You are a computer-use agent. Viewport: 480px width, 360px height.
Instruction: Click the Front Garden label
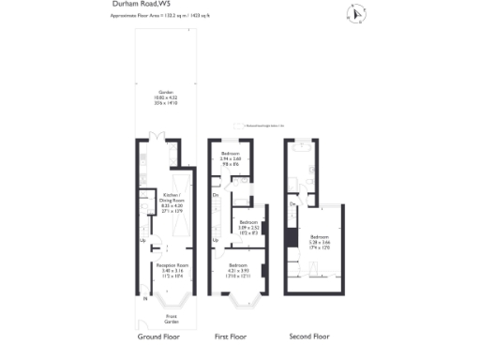click(x=170, y=320)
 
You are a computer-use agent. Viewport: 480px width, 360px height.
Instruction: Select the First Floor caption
click(x=236, y=336)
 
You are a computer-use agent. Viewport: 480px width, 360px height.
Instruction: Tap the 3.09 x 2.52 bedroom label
click(x=248, y=226)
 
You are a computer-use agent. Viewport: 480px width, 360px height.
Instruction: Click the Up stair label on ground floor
click(x=142, y=240)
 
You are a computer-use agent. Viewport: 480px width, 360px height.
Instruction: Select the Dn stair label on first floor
click(x=216, y=195)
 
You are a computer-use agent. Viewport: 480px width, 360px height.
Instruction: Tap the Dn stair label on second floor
click(x=292, y=203)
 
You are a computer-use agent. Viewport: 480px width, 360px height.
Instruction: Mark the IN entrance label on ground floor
click(x=144, y=299)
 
